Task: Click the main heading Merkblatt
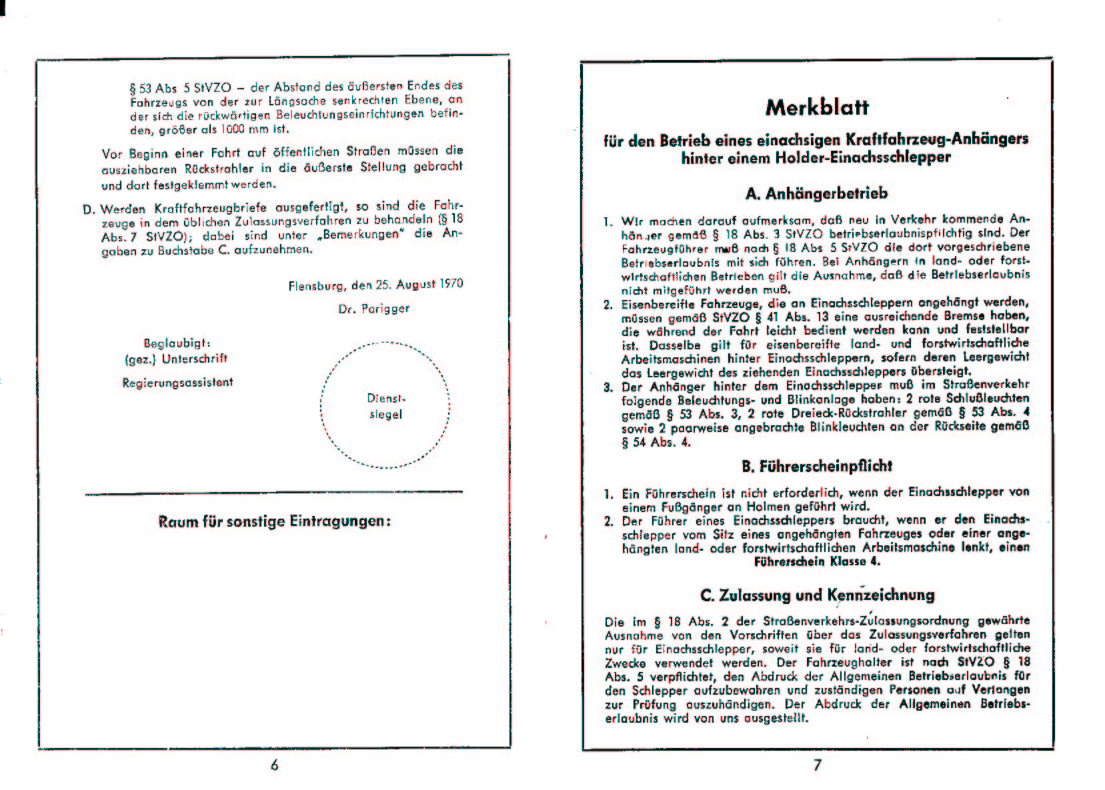point(817,107)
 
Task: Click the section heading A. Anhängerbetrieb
point(816,194)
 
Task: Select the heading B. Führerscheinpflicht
point(816,466)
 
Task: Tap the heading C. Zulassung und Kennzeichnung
point(817,595)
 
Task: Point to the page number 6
point(274,765)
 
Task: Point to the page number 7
point(818,765)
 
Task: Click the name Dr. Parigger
point(373,309)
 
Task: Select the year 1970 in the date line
point(451,283)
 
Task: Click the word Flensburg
point(317,285)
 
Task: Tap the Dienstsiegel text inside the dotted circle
point(386,407)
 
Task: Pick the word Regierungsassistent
point(177,383)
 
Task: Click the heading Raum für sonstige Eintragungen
point(274,521)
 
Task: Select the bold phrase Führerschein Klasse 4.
point(817,561)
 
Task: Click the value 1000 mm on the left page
point(245,129)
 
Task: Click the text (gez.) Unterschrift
point(176,359)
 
